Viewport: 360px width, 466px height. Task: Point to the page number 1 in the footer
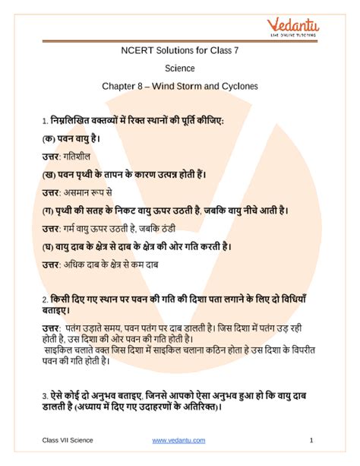(x=312, y=441)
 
